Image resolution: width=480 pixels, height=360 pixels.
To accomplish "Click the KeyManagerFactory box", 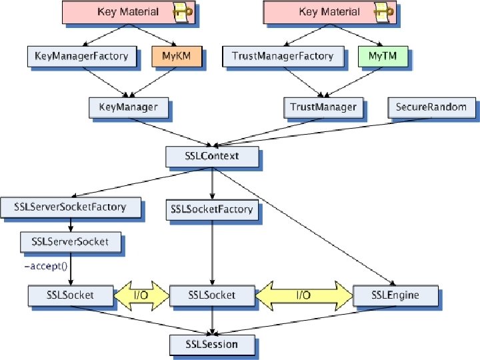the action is pos(82,56).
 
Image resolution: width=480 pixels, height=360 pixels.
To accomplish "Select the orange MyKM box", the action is pos(177,56).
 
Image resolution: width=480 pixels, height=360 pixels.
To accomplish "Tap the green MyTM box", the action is pos(383,56).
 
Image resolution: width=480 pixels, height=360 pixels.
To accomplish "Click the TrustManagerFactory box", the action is pos(283,56).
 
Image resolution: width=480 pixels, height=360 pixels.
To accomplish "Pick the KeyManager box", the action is pos(129,108).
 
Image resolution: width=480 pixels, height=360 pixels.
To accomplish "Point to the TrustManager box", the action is pos(323,108).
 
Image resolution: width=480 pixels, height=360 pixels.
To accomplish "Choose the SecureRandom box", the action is pos(431,108).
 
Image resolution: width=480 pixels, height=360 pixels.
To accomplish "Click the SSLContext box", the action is pos(212,157).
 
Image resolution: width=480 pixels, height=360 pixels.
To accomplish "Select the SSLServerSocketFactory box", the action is pos(71,207).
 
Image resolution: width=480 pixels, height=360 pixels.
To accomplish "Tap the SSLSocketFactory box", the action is pos(212,210).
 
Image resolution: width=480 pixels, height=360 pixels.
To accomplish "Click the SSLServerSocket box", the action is pos(71,242).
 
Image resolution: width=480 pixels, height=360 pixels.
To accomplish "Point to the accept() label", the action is pos(46,266).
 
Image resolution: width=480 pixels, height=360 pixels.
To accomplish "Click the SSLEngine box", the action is pos(395,296).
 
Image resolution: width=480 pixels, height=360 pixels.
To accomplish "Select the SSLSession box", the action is pos(212,345).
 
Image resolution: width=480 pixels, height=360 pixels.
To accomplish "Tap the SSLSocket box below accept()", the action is pos(71,296).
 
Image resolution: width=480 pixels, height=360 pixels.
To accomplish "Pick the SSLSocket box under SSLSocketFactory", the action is pos(212,296).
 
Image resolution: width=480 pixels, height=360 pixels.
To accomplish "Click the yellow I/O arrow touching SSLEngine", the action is pos(304,296).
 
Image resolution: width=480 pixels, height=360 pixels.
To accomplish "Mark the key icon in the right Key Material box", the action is pos(384,12).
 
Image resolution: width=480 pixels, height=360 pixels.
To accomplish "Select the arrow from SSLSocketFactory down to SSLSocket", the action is pos(212,253).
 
